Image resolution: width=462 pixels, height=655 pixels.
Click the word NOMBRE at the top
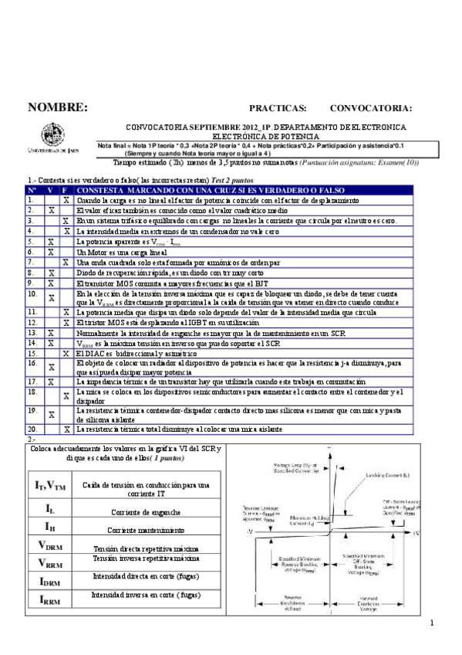pos(57,107)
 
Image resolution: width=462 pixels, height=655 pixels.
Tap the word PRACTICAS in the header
pos(278,108)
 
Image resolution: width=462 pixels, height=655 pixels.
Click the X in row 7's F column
pos(66,263)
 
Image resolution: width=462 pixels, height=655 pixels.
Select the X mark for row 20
pos(66,429)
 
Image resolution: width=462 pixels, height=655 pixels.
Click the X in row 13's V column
pos(51,333)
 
